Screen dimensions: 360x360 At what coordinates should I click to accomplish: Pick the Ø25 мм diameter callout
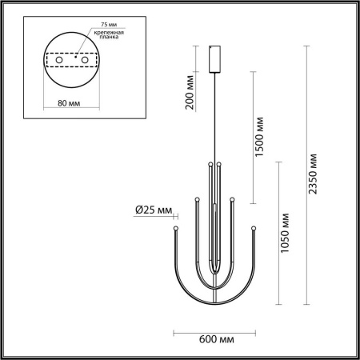point(153,210)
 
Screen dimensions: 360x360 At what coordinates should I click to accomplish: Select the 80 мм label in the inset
point(68,102)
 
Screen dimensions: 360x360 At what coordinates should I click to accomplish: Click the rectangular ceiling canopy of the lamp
point(214,58)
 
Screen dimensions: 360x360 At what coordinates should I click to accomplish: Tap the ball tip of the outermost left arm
point(174,230)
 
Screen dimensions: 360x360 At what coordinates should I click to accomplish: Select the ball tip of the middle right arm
point(232,198)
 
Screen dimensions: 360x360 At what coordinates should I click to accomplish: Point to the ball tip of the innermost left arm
point(210,165)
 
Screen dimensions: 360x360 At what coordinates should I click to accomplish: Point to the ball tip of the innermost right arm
point(218,165)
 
